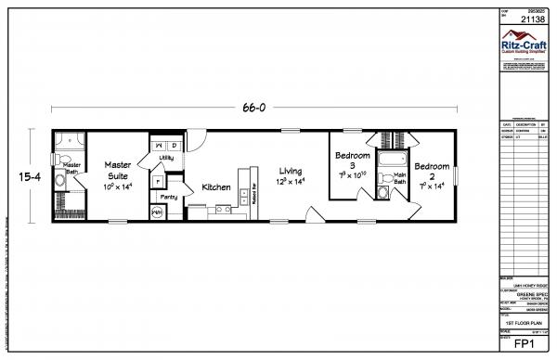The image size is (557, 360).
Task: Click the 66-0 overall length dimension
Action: click(x=253, y=108)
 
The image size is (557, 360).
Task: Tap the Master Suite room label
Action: click(x=118, y=168)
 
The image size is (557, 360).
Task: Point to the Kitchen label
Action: click(x=216, y=187)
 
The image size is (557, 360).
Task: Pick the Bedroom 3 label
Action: click(x=353, y=161)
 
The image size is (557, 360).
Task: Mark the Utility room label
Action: click(x=166, y=159)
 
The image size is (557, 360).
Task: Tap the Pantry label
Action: click(x=169, y=197)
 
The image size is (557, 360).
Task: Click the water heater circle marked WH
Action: click(x=157, y=212)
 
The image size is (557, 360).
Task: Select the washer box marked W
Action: click(x=160, y=146)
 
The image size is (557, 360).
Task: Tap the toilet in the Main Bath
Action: click(x=382, y=192)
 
